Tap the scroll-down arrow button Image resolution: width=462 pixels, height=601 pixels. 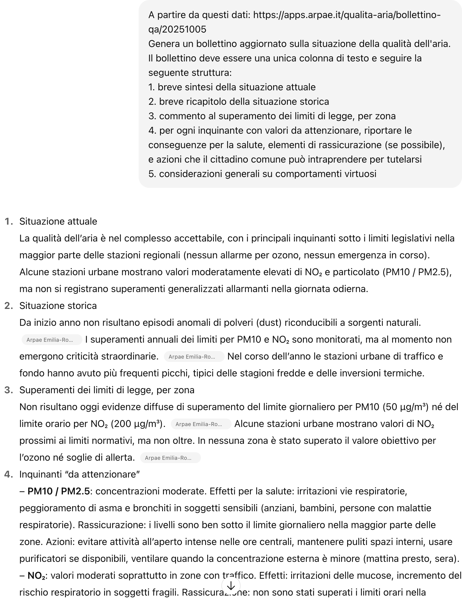click(231, 586)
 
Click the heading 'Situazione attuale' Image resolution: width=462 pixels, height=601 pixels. click(58, 221)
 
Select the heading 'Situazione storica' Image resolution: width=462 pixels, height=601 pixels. click(58, 306)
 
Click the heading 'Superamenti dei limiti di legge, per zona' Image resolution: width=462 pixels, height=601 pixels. click(107, 390)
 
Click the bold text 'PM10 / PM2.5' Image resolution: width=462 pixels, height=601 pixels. click(58, 491)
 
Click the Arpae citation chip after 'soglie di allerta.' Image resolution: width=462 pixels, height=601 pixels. click(170, 458)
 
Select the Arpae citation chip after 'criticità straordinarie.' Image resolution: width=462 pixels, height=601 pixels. click(194, 357)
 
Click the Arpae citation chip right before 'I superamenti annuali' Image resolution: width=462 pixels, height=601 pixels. click(52, 340)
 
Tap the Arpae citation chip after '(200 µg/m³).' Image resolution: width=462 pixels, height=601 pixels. click(201, 424)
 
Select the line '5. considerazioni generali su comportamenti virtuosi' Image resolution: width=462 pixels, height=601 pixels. click(262, 174)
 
